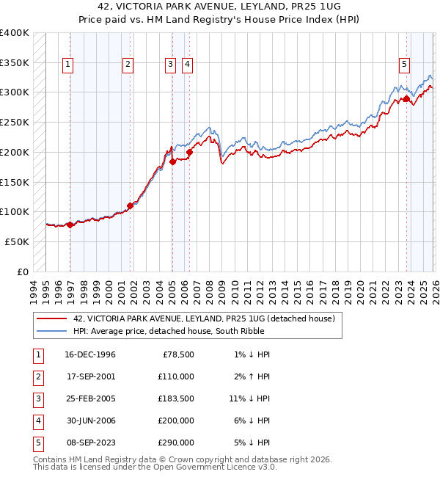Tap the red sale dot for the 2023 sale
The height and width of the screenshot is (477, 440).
click(406, 98)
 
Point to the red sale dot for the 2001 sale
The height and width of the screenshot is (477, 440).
click(131, 205)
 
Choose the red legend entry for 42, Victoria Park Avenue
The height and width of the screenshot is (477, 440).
click(204, 318)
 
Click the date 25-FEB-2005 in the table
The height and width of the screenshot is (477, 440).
click(90, 398)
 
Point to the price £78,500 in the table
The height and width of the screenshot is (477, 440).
click(176, 354)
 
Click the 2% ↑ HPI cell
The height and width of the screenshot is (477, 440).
click(252, 376)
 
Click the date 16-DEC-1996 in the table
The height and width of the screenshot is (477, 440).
click(90, 354)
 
